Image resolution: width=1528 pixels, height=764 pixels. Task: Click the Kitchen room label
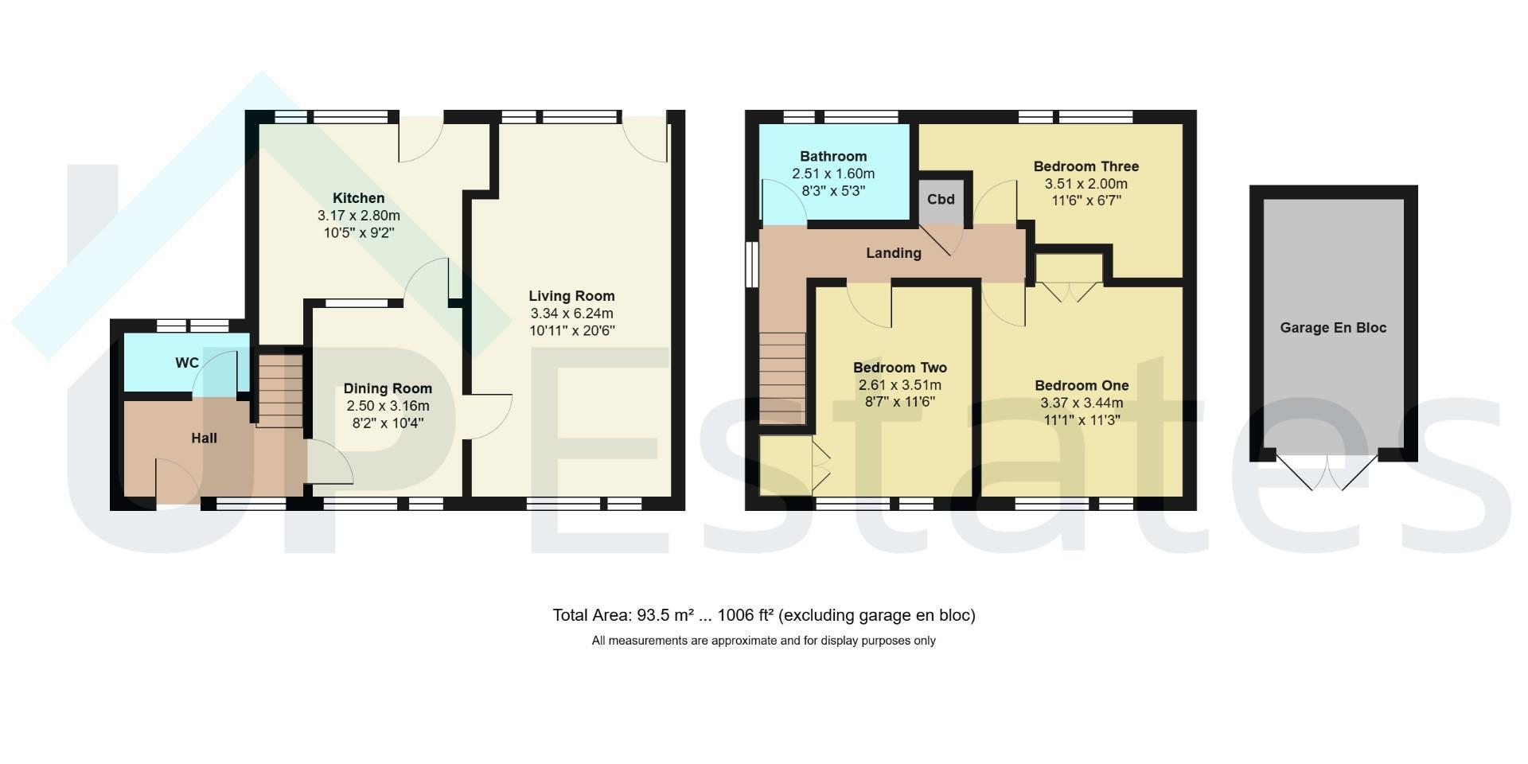tap(358, 198)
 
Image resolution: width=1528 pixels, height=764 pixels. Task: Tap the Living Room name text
tap(572, 296)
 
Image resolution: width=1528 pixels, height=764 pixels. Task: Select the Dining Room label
tap(388, 388)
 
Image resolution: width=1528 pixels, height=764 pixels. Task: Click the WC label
tap(187, 363)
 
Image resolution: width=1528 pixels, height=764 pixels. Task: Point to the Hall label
tap(204, 438)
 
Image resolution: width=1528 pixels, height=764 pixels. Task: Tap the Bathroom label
tap(833, 156)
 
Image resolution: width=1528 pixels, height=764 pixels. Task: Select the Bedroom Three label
tap(1086, 166)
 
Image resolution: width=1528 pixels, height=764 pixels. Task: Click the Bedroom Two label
tap(900, 368)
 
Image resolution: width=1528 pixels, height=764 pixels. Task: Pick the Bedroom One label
tap(1082, 385)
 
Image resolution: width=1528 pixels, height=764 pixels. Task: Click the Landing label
tap(894, 253)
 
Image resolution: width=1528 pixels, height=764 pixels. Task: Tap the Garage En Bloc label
tap(1333, 327)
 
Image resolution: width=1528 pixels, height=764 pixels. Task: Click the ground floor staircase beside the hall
tap(280, 391)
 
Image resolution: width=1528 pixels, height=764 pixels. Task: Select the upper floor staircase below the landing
tap(782, 377)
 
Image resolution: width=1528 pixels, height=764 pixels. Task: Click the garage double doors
tap(1327, 472)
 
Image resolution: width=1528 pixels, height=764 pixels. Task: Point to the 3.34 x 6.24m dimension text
tap(572, 314)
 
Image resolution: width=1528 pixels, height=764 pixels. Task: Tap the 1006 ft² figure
tap(746, 615)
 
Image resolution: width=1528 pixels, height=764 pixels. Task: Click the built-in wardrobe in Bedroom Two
tap(785, 466)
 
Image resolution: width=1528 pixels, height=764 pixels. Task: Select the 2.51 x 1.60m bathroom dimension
tap(833, 173)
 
